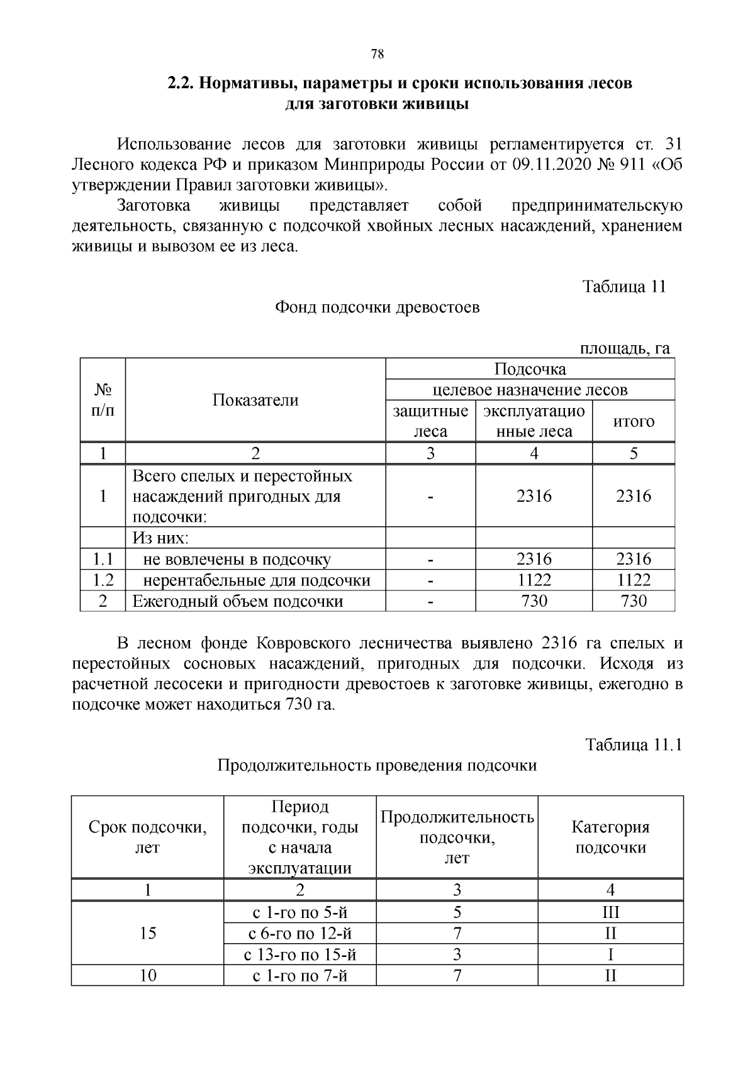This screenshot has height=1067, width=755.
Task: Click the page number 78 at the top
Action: pyautogui.click(x=377, y=54)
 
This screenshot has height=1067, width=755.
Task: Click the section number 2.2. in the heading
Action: pyautogui.click(x=182, y=83)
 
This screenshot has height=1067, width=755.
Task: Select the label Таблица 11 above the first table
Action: pyautogui.click(x=624, y=287)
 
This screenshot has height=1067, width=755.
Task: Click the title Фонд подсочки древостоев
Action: pyautogui.click(x=377, y=307)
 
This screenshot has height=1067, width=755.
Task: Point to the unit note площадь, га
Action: pyautogui.click(x=624, y=348)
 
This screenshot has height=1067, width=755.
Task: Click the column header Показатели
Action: pyautogui.click(x=255, y=400)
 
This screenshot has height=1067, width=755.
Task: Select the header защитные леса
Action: pyautogui.click(x=430, y=421)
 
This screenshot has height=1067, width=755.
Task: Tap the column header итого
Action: pyautogui.click(x=634, y=421)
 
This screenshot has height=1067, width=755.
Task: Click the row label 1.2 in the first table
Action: pyautogui.click(x=103, y=580)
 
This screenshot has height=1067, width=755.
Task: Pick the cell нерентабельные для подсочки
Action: pyautogui.click(x=257, y=580)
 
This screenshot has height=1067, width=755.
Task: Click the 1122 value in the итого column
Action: pyautogui.click(x=634, y=580)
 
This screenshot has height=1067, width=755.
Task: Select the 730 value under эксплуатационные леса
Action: pyautogui.click(x=534, y=601)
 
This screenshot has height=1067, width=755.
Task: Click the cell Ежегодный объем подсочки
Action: pyautogui.click(x=238, y=601)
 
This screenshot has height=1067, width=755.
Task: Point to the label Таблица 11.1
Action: pyautogui.click(x=634, y=745)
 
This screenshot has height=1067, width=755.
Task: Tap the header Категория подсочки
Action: pyautogui.click(x=610, y=837)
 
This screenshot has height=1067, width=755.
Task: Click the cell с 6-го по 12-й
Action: pyautogui.click(x=300, y=933)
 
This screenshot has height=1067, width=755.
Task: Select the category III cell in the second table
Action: pyautogui.click(x=610, y=912)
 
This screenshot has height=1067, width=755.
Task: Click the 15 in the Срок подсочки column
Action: pyautogui.click(x=148, y=933)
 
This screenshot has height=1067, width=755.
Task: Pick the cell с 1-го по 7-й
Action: pyautogui.click(x=300, y=976)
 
